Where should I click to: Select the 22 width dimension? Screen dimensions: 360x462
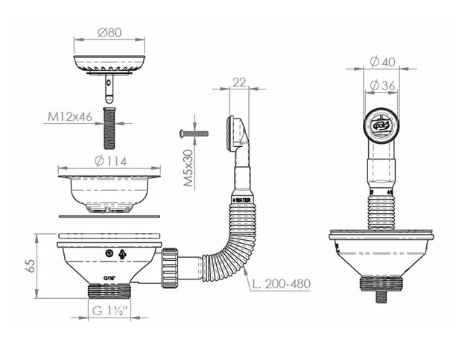238,82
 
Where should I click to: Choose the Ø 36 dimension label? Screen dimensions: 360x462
384,86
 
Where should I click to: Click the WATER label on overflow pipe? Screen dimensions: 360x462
244,200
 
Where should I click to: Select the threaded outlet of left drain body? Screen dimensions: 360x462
109,290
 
